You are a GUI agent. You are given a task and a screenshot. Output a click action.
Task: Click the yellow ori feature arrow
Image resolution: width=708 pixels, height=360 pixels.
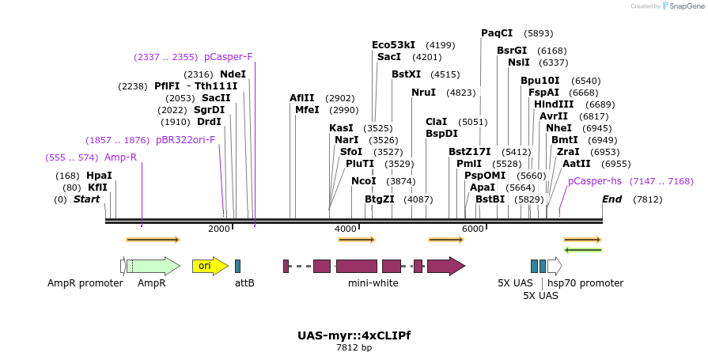pos(209,266)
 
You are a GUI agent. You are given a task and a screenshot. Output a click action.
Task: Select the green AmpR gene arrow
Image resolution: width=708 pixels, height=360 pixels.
pos(154,266)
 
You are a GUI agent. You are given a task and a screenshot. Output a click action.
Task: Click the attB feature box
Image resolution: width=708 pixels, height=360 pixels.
pos(237,266)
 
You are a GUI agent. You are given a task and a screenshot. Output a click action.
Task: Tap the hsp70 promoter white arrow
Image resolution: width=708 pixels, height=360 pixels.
pos(555,266)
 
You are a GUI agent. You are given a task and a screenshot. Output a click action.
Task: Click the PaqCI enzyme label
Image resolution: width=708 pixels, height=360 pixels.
pos(497,33)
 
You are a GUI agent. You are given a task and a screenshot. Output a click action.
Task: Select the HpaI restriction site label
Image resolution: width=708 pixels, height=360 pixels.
pos(99,176)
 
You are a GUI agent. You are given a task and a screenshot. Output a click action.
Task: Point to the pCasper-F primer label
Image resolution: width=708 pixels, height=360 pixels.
pos(228,57)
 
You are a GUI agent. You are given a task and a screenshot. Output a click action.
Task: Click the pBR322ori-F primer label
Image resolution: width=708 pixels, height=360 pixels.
pos(185,140)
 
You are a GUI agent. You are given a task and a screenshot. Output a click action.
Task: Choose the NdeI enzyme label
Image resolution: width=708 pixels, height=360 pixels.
pos(233,74)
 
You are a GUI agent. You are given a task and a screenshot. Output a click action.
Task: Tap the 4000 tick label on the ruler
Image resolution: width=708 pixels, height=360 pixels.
pos(346,229)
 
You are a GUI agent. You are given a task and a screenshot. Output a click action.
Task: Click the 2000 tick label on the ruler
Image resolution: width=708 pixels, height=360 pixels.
pos(219,229)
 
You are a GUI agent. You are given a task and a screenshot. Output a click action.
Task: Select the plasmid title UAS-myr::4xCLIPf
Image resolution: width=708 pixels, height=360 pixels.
pos(354,335)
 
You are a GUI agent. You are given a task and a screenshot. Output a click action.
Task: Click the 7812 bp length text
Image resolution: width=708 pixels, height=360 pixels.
pos(354,347)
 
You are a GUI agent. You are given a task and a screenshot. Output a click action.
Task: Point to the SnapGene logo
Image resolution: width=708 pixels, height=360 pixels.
pos(684,6)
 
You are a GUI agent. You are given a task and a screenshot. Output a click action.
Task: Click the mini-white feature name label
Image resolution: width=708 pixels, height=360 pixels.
pos(373,283)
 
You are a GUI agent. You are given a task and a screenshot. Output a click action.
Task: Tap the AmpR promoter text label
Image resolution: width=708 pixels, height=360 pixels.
pos(85,283)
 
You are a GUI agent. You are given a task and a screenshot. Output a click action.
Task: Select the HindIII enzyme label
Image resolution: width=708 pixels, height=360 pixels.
pos(554,104)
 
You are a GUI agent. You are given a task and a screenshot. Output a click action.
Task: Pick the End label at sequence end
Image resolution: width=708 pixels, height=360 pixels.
pos(612,199)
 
